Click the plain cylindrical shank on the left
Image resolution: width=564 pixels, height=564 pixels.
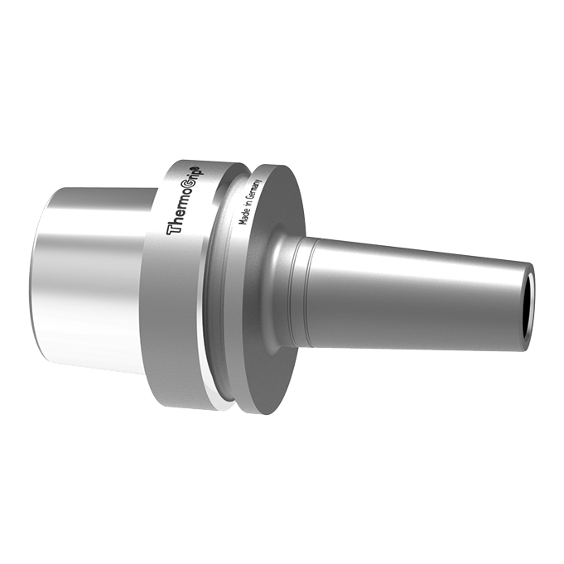coord(91,277)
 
